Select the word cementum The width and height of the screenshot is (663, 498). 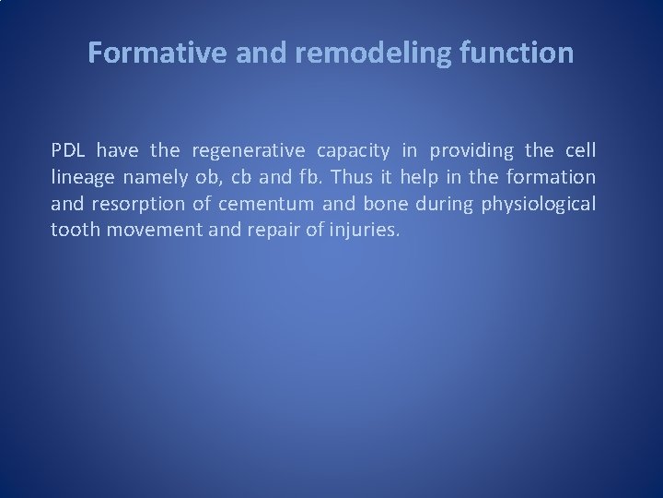click(x=257, y=203)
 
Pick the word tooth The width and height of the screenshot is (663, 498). click(x=76, y=229)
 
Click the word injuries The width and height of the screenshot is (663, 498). click(x=366, y=229)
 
